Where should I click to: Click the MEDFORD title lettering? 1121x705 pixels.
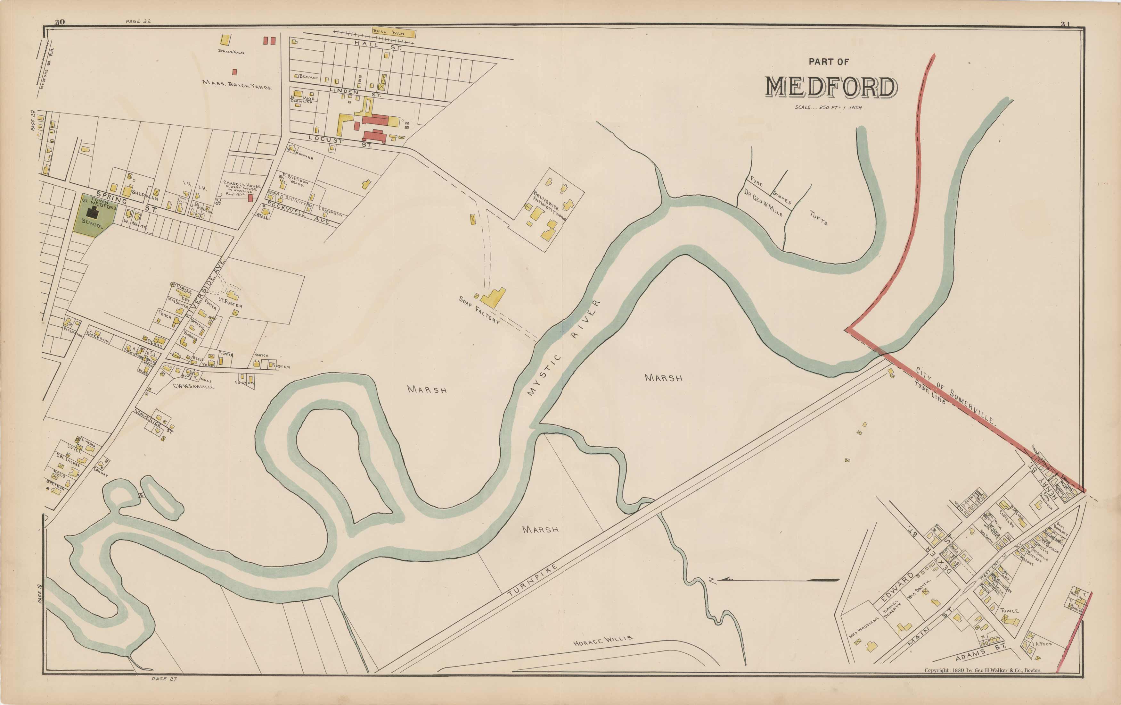tap(831, 87)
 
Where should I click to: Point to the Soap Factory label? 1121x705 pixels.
tap(479, 311)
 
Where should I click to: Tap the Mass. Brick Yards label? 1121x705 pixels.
tap(236, 84)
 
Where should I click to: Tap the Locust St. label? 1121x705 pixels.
tap(340, 142)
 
